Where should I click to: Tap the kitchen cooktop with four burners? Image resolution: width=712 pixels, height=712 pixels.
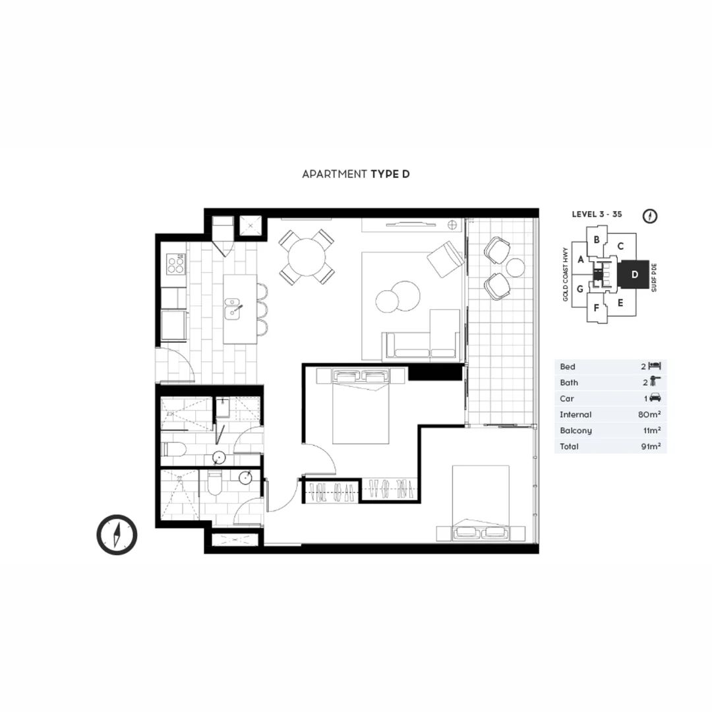175,264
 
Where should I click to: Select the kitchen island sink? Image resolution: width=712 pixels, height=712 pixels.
233,309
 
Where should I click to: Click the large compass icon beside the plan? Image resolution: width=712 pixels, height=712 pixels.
117,534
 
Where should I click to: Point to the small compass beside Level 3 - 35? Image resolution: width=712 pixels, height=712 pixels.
650,216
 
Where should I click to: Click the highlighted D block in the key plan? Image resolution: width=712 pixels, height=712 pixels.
634,275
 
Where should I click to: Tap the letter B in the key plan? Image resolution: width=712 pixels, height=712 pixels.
596,240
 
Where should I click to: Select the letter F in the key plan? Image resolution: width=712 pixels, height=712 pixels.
596,308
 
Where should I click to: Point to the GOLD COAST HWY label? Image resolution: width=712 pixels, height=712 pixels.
566,274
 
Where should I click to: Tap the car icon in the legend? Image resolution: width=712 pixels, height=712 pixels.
655,398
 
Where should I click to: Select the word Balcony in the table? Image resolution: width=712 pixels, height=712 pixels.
576,430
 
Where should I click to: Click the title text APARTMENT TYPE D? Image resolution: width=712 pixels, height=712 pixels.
356,174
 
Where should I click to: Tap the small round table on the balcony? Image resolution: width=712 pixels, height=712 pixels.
515,267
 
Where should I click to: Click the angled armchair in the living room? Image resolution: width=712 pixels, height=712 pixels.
445,258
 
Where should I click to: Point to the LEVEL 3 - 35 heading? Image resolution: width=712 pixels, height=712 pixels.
597,215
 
